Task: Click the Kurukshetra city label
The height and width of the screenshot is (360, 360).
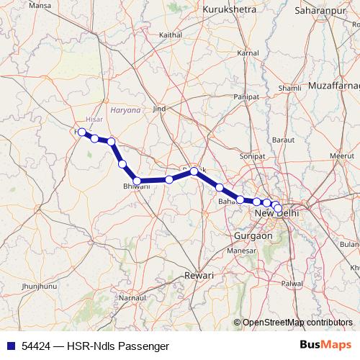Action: click(x=230, y=9)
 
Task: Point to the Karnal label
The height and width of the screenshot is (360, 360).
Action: click(x=248, y=53)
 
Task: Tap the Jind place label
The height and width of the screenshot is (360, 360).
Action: click(x=159, y=108)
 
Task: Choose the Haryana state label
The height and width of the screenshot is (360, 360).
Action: click(x=127, y=110)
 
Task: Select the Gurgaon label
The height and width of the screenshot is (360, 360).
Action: click(x=253, y=235)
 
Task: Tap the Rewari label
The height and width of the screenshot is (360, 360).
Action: click(x=199, y=276)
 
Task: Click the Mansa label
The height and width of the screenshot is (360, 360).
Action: click(x=20, y=5)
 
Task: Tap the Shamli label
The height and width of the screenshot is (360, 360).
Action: click(x=289, y=88)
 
